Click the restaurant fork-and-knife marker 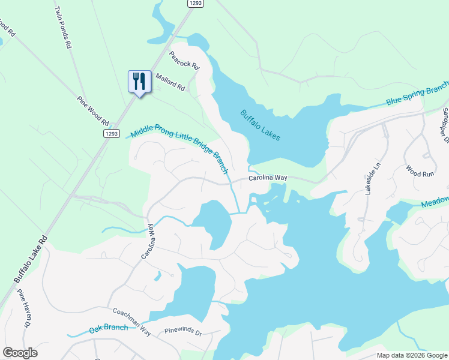pos(140,81)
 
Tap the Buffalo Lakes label pos(261,125)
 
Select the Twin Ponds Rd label pos(63,28)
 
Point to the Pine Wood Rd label pos(93,107)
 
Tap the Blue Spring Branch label pos(417,95)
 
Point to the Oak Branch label pos(108,328)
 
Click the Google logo pos(20,353)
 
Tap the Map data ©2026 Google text pos(411,355)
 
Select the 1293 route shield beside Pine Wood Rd pos(111,133)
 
